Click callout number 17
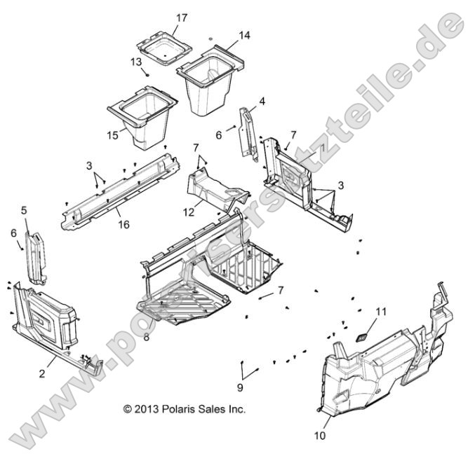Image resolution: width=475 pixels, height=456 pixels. [x=181, y=18]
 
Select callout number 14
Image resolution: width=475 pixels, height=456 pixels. [x=225, y=34]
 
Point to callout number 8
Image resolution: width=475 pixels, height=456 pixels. [x=146, y=337]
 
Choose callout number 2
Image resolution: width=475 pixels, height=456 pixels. [x=42, y=374]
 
